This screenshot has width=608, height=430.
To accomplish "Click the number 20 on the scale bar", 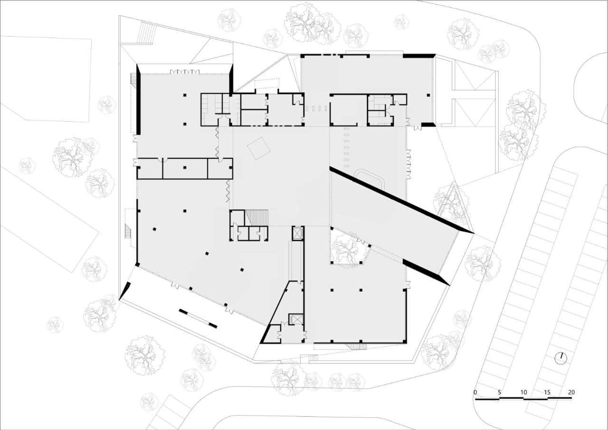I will coord(571,392).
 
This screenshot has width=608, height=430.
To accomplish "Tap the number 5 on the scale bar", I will coord(499,392).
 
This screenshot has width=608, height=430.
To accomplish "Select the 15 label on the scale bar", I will coord(547,392).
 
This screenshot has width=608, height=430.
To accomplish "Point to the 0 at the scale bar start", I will coord(475,392).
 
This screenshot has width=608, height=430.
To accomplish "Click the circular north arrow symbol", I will coord(561,358).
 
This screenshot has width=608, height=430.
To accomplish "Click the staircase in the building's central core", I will coord(257,217).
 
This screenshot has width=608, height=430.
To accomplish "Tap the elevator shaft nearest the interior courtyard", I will coord(298,234).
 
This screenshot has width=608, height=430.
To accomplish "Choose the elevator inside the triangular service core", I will coord(295,319).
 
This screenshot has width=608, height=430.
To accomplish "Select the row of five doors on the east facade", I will coord(408,164).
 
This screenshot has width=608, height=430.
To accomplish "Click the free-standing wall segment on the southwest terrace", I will coord(198,318).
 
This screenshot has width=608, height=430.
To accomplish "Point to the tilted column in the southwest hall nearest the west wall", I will coord(154,229).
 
